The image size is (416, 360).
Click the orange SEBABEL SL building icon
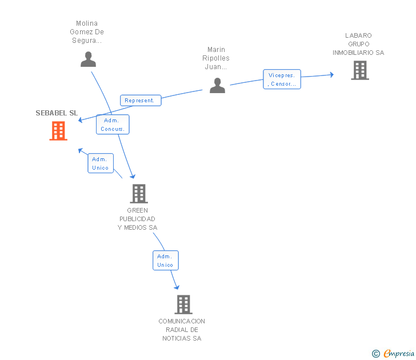pos(58,130)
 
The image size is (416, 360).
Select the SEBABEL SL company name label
pos(57,113)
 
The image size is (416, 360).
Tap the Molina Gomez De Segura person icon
pos(89,59)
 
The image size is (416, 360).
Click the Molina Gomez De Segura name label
pos(87,32)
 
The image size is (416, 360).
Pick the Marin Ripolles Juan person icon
pos(217,85)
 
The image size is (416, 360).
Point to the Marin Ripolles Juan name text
pos(216,58)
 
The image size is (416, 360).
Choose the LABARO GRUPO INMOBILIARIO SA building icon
pos(360,70)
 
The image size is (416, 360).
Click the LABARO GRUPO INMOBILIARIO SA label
pos(358,44)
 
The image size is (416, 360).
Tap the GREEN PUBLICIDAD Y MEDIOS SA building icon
pos(139,194)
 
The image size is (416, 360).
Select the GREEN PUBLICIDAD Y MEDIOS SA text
pos(137,219)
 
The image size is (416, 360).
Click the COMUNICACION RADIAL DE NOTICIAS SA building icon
pos(183,305)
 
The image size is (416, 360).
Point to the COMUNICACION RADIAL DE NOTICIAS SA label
pos(182,330)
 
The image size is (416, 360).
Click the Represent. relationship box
pos(141,101)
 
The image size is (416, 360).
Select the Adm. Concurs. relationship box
pos(113,125)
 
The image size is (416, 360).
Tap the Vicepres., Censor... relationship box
pos(282,79)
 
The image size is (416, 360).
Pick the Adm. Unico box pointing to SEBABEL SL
pos(101,163)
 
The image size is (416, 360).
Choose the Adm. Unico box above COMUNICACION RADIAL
pos(166,260)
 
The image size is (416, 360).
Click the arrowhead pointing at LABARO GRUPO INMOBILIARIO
pos(331,75)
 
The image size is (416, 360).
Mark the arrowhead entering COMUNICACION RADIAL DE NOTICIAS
pos(177,287)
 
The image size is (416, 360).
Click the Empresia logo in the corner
pos(393,353)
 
